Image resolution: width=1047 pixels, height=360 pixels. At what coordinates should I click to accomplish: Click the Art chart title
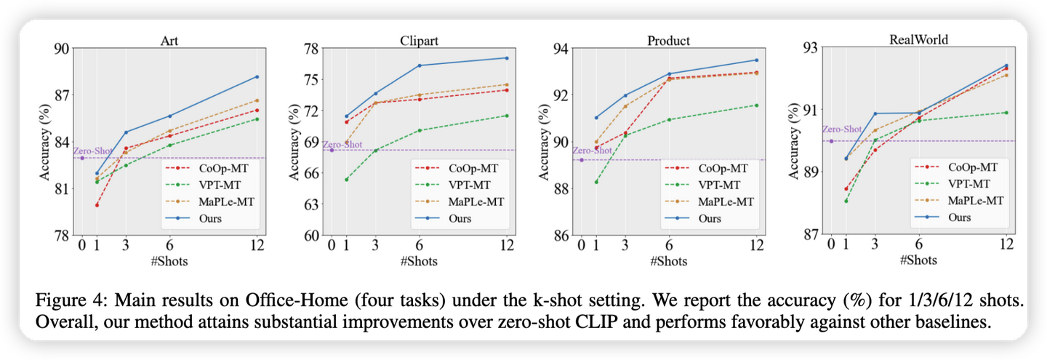pos(169,41)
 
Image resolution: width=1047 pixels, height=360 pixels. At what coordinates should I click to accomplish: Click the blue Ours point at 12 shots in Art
pos(257,76)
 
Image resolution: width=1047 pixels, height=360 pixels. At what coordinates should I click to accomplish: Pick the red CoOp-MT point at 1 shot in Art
pos(97,205)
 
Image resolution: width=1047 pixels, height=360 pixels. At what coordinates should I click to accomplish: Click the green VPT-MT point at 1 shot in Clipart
pos(346,179)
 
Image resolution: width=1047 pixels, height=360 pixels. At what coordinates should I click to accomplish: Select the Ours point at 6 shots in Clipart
pos(419,65)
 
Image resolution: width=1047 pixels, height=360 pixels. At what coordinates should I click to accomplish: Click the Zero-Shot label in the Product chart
pos(592,151)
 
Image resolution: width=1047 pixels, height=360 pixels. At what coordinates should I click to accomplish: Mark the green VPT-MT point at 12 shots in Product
pos(756,105)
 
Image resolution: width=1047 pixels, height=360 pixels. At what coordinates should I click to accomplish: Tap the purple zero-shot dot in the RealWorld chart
pos(831,141)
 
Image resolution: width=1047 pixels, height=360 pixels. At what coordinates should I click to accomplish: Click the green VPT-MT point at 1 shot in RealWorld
pos(846,201)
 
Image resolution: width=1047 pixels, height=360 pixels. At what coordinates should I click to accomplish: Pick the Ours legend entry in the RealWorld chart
pos(965,216)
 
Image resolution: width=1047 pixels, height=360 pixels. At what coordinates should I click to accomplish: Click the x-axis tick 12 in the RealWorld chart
pos(1006,244)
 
